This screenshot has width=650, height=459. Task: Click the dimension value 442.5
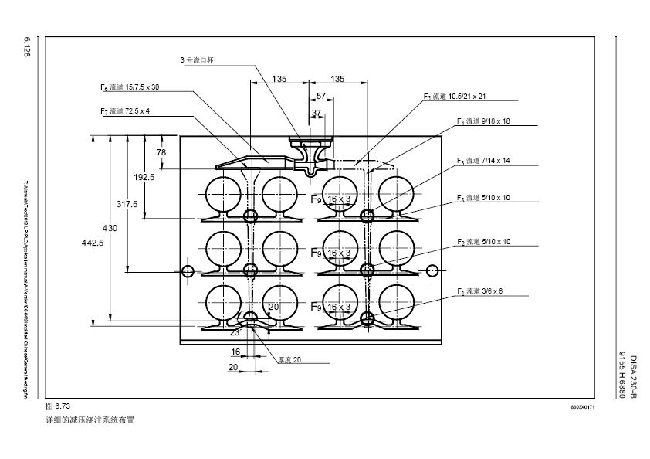pos(92,243)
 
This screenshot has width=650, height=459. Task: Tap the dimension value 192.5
pos(144,177)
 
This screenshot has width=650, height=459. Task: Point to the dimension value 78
pos(161,152)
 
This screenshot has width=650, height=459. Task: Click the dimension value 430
pos(110,228)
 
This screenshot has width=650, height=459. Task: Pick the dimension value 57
pos(321,96)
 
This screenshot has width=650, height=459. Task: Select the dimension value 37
pos(317,113)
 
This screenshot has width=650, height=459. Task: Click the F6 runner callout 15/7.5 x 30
pos(130,87)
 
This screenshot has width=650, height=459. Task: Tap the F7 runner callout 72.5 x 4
pos(125,111)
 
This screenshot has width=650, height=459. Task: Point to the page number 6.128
pos(27,46)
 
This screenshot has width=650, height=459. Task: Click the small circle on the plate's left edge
pos(188,270)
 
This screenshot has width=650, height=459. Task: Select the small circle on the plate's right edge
pos(432,270)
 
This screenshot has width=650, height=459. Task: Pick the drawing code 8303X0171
pos(582,406)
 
